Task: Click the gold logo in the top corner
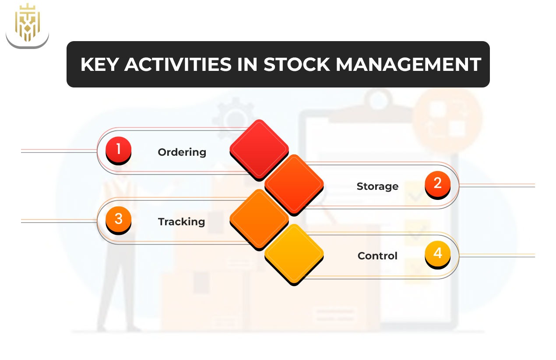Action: (x=27, y=24)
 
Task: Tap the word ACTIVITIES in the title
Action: (x=177, y=65)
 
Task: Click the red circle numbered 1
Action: (x=118, y=150)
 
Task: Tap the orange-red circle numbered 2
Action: (x=437, y=184)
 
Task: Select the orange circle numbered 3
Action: (x=118, y=219)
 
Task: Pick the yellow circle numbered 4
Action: (x=437, y=254)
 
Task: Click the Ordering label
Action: (x=182, y=152)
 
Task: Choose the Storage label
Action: (x=377, y=186)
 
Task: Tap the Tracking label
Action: (x=181, y=222)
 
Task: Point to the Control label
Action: (x=377, y=256)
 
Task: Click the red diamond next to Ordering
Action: (x=259, y=149)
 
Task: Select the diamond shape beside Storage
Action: (x=294, y=184)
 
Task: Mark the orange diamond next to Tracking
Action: (x=259, y=219)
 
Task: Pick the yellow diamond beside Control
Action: (x=294, y=254)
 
